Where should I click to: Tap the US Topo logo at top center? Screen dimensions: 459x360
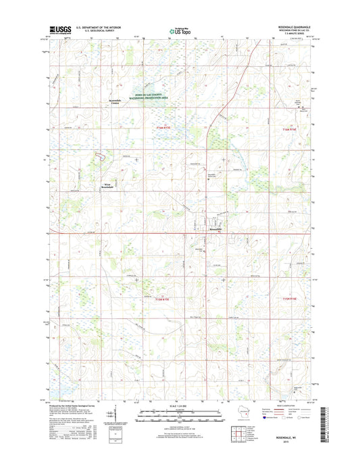coord(179,30)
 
